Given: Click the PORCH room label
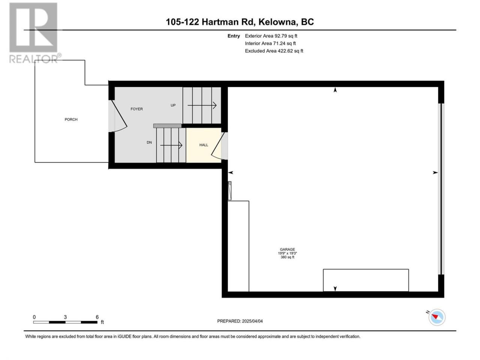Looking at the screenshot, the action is click(71, 119).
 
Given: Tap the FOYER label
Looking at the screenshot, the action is click(136, 109).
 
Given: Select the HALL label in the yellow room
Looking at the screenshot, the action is click(204, 145).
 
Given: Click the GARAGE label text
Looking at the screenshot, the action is click(287, 249).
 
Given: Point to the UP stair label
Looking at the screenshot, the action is click(173, 105).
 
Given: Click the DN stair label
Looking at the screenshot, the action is click(149, 142).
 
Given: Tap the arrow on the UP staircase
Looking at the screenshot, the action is click(202, 105).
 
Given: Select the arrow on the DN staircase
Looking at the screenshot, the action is click(171, 145).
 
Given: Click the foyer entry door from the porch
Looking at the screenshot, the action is click(118, 116).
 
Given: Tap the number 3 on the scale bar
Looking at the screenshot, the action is click(65, 317).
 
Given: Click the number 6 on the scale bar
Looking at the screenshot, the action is click(97, 317).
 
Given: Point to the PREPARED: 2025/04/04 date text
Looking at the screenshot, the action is click(240, 321).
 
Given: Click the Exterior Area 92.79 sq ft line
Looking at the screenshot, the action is click(271, 36).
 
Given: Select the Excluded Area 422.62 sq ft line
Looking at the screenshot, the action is click(274, 51).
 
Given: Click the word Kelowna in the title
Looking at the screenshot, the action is click(278, 22).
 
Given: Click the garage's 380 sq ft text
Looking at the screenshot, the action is click(287, 257).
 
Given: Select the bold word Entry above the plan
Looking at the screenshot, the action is click(234, 36).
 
